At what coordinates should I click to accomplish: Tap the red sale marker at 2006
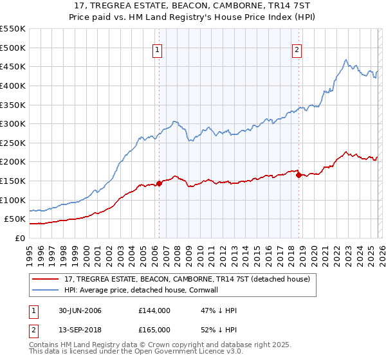[x=159, y=183]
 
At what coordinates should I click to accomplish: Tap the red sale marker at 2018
[x=299, y=175]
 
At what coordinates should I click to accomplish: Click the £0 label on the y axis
[x=19, y=238]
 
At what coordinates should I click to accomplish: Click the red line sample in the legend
[x=46, y=279]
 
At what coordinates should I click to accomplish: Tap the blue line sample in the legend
[x=46, y=290]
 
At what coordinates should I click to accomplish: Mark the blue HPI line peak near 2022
[x=346, y=60]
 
